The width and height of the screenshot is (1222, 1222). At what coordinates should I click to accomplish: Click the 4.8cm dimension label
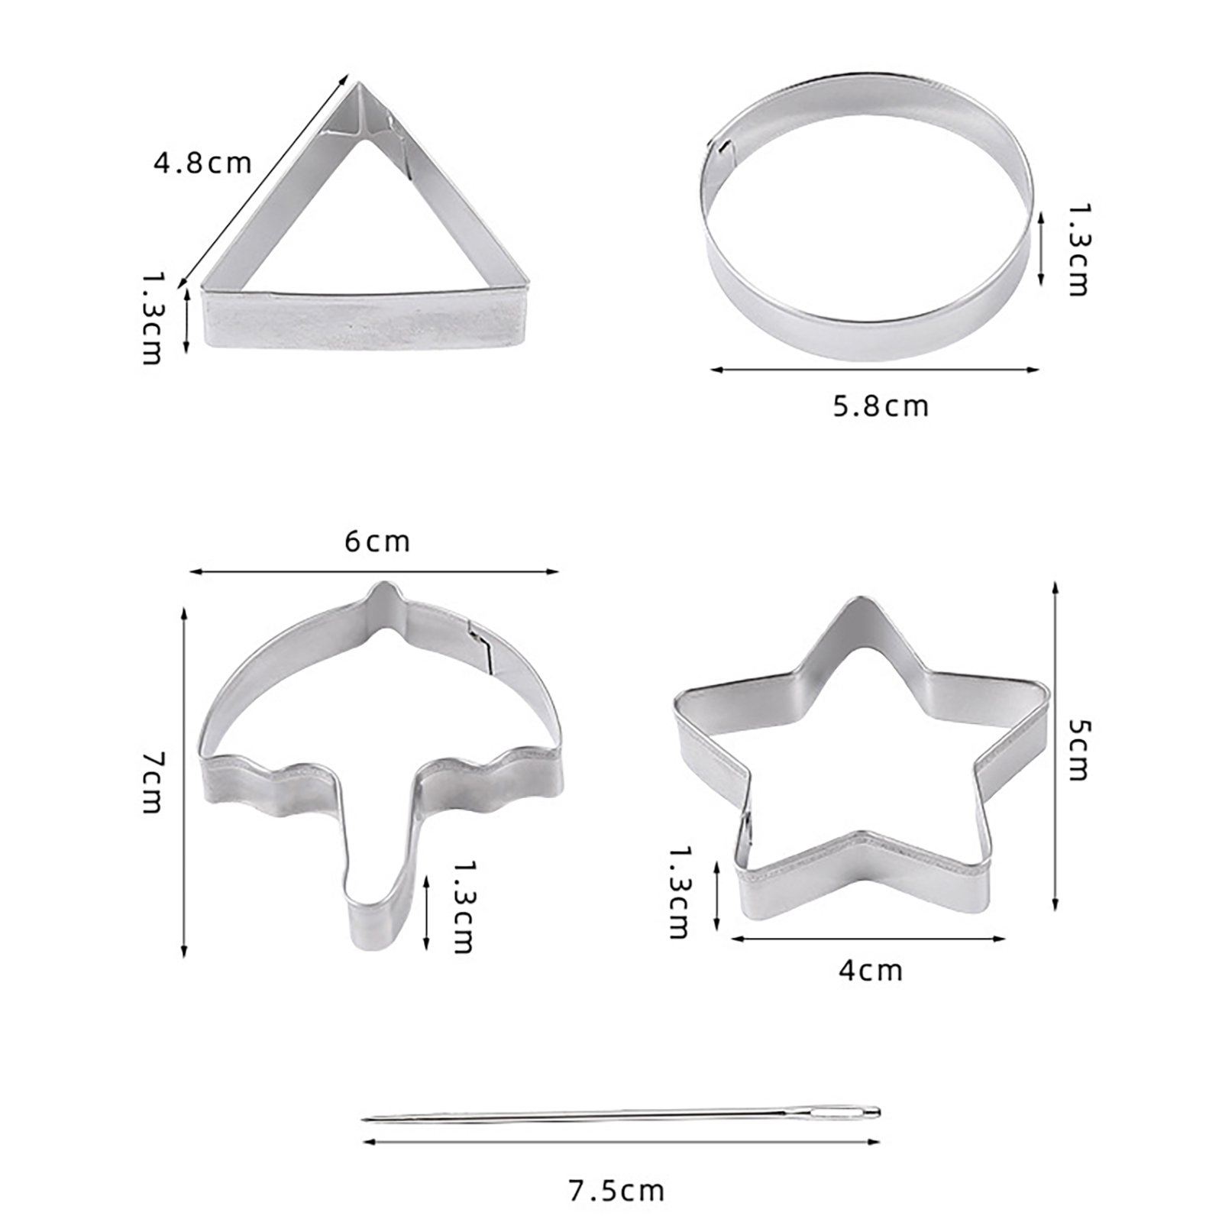point(202,163)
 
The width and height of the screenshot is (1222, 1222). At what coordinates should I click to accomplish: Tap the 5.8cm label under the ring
point(881,406)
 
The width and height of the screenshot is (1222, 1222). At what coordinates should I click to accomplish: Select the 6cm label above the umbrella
point(377,541)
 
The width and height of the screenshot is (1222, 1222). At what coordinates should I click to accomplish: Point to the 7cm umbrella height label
point(153,783)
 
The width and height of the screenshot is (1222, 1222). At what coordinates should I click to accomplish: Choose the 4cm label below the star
point(871,971)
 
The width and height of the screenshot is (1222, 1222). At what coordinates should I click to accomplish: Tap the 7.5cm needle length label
point(616,1191)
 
